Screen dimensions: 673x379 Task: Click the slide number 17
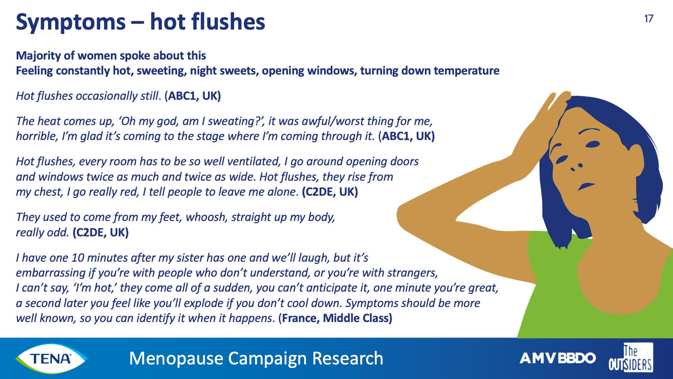click(649, 19)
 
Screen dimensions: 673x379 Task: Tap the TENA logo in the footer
click(51, 358)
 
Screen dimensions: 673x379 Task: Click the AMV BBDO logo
click(557, 358)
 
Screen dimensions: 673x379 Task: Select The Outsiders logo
click(631, 358)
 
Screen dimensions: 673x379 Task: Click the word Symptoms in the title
click(71, 23)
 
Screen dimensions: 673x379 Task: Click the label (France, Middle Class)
click(335, 318)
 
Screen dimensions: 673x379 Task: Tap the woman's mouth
click(586, 186)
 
